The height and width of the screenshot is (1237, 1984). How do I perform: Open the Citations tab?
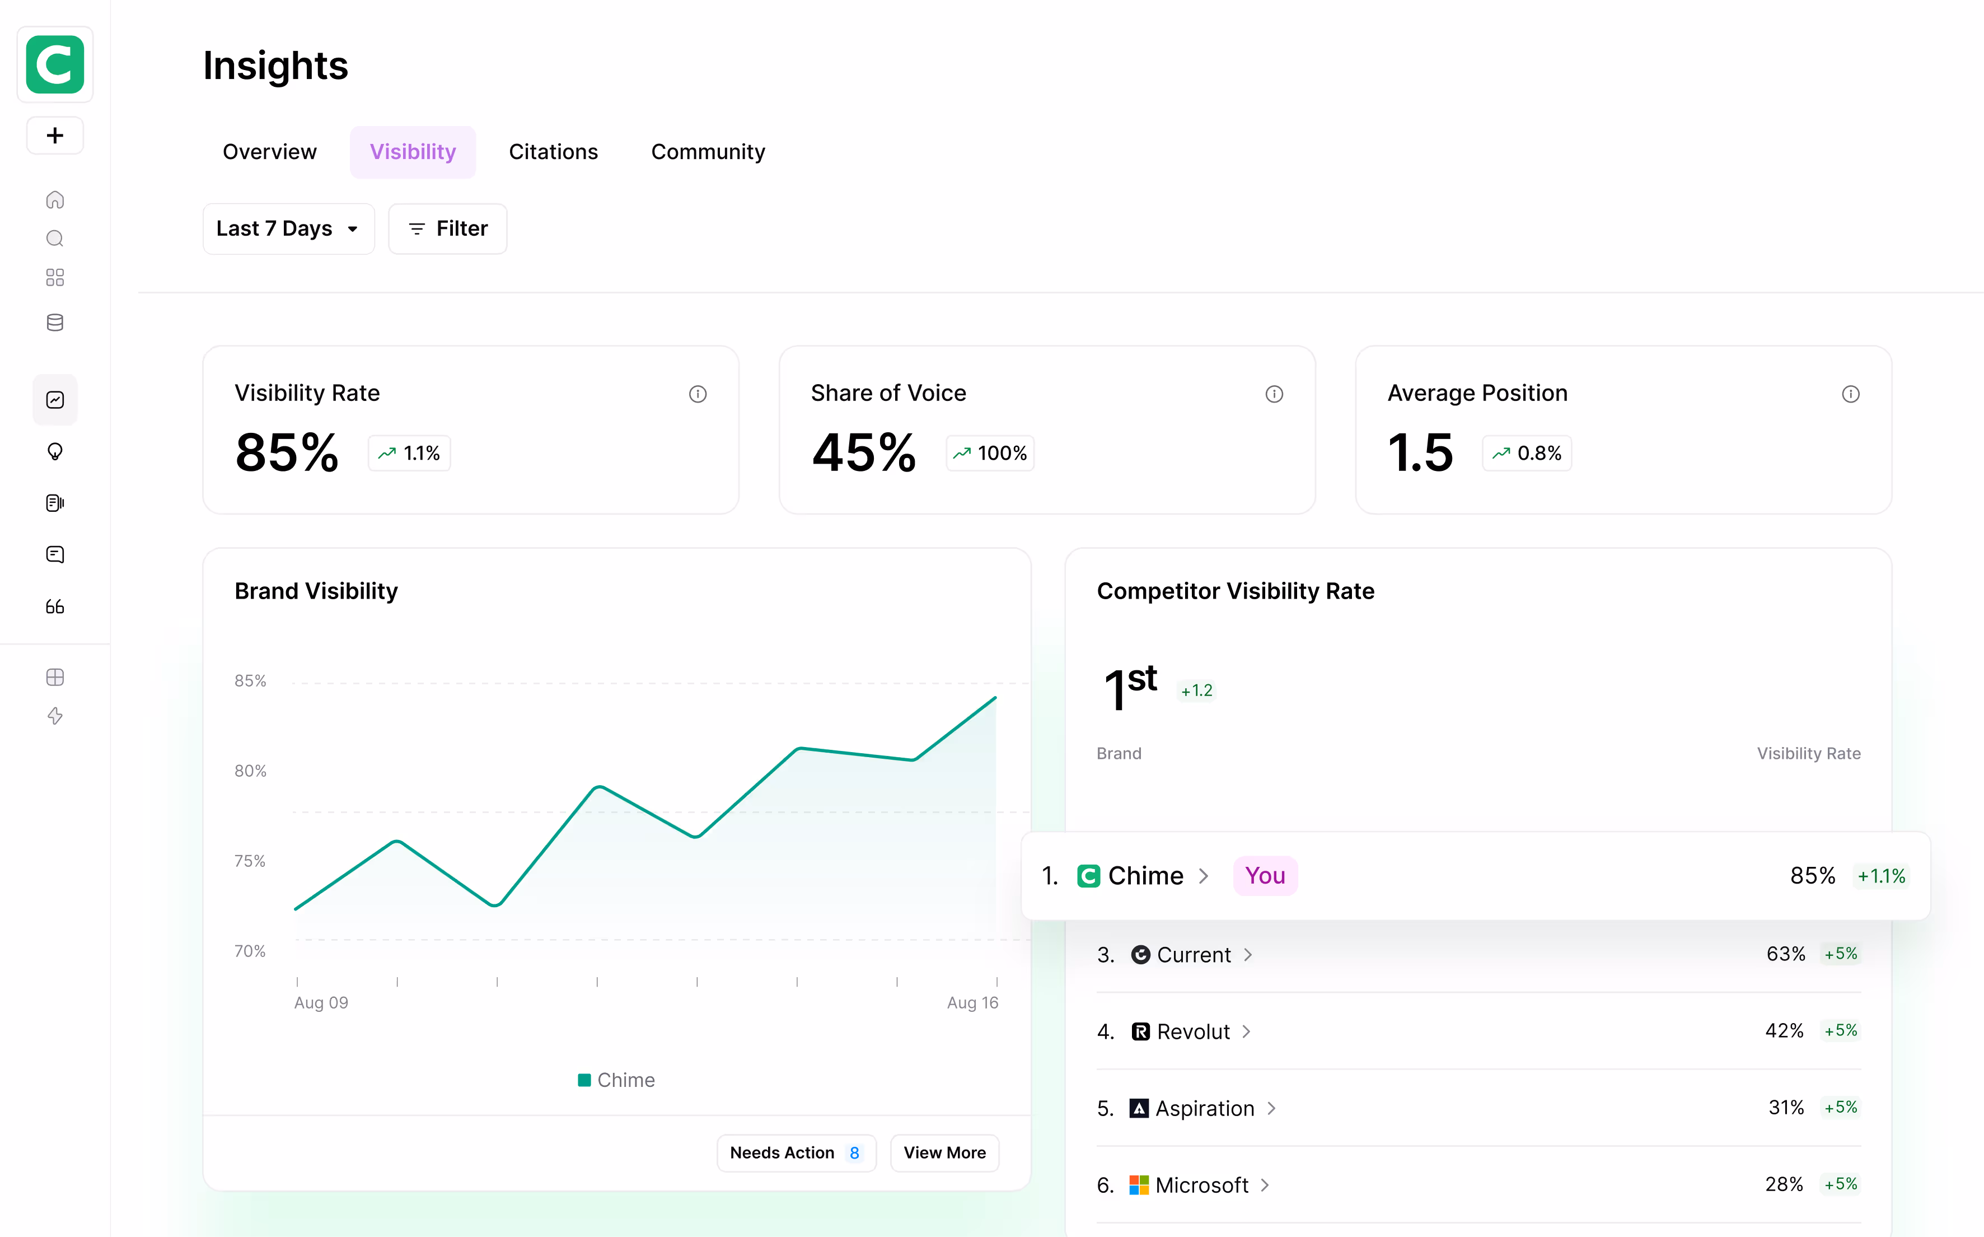point(553,152)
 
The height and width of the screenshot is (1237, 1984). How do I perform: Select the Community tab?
point(708,152)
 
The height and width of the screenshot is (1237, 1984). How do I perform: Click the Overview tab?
point(269,152)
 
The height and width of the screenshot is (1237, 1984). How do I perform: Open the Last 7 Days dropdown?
point(288,229)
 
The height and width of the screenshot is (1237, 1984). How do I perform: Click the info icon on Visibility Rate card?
point(698,394)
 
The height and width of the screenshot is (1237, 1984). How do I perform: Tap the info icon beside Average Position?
point(1850,394)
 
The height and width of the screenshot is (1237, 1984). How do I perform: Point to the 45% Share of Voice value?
point(864,452)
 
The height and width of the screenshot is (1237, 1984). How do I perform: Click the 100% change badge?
point(990,453)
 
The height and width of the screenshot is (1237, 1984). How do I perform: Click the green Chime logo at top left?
point(55,64)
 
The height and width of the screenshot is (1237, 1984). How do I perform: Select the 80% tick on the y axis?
point(250,771)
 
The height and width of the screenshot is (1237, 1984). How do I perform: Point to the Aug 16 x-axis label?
point(972,1002)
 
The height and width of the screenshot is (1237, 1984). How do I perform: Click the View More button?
point(944,1153)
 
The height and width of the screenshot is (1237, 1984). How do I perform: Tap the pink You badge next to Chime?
point(1264,876)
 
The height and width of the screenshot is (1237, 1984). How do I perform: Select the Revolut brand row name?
point(1193,1031)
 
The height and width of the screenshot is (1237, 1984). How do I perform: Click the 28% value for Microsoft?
point(1784,1184)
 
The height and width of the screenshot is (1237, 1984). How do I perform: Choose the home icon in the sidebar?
point(55,199)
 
